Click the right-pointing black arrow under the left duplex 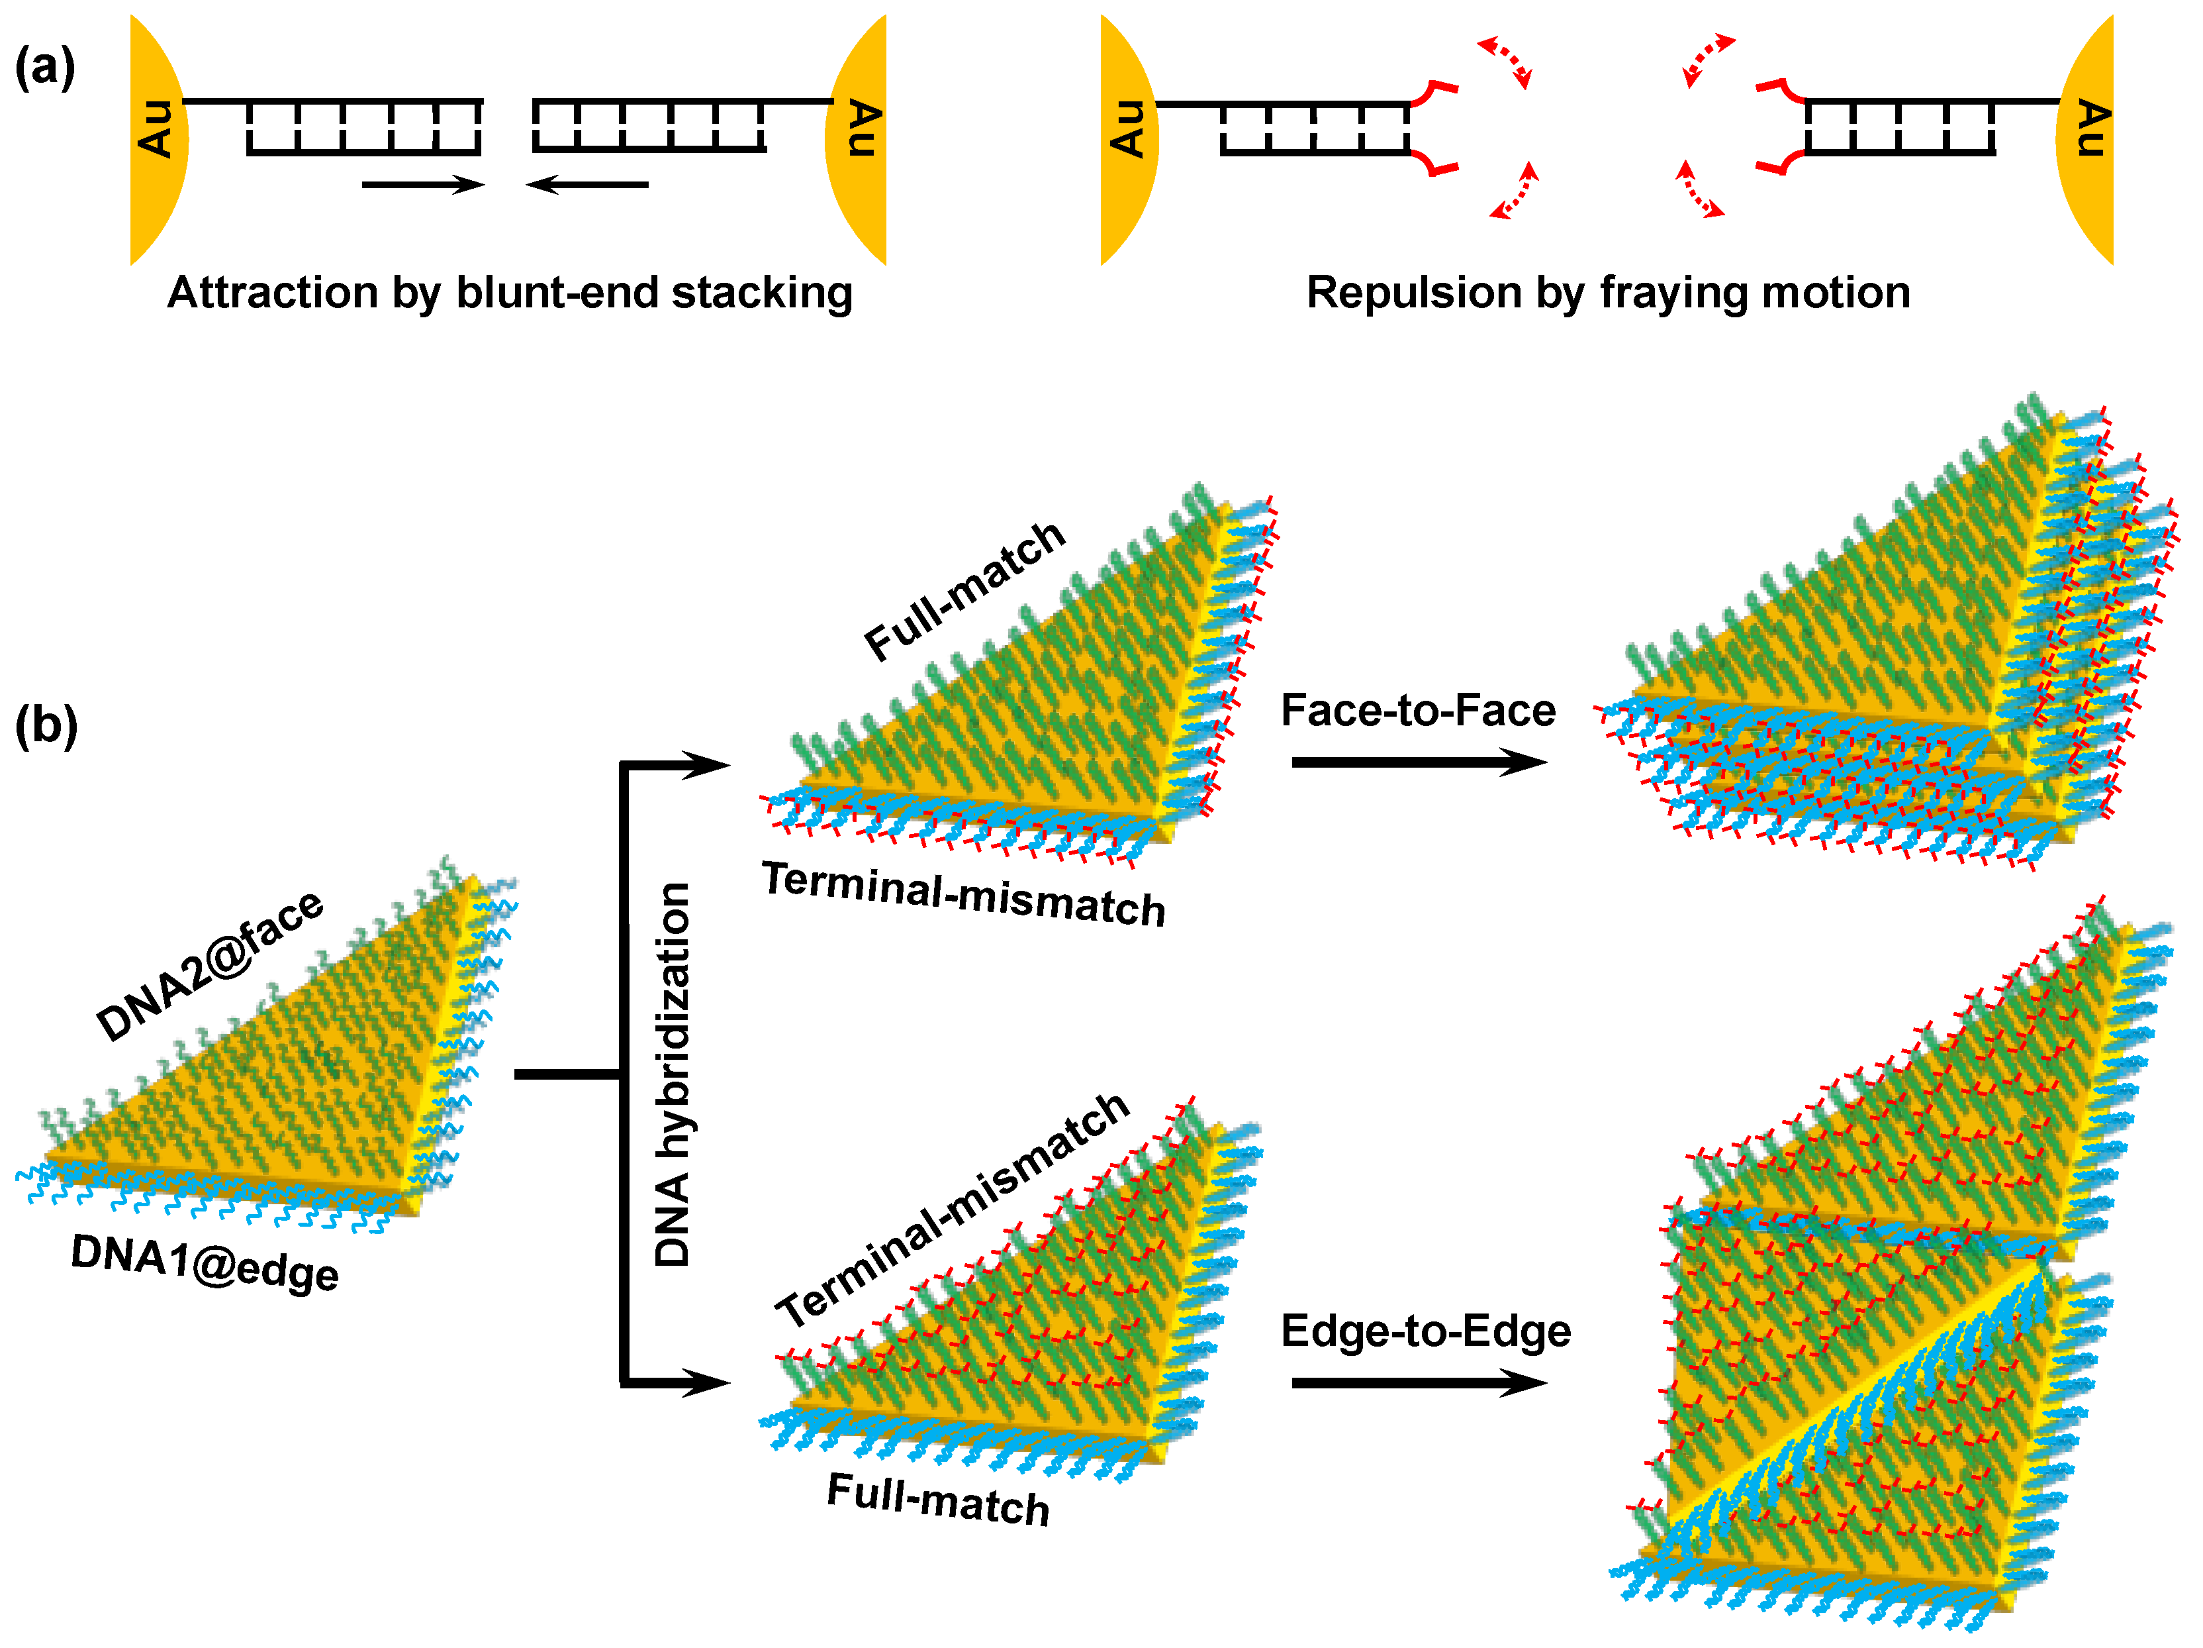pos(422,184)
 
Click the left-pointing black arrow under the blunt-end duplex pos(588,184)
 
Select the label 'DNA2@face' pos(210,964)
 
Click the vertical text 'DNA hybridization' pos(673,1074)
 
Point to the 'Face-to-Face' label pos(1417,711)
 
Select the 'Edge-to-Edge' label pos(1425,1331)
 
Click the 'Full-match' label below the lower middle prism pos(938,1500)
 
